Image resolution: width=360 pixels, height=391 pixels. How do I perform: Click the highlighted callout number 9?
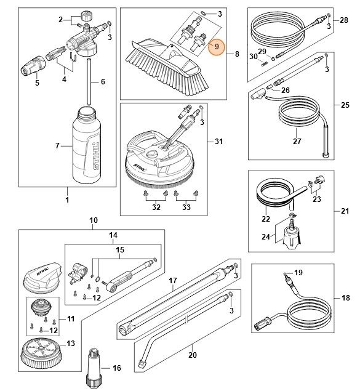216,46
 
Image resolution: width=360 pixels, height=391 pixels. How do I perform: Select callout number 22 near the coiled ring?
266,219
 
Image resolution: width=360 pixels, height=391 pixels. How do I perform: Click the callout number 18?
346,297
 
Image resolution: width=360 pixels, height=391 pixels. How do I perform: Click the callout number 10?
94,220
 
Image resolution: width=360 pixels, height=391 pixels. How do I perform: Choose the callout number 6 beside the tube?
103,81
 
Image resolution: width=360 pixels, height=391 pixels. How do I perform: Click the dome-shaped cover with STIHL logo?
42,278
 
